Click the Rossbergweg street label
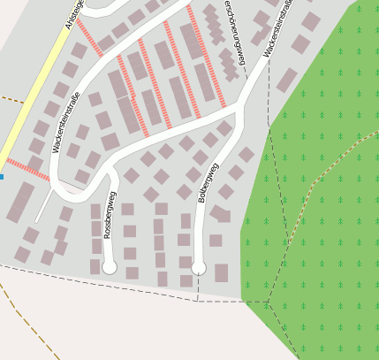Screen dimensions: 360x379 point(110,213)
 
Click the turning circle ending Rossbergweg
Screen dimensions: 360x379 point(110,266)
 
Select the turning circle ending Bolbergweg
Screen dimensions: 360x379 point(199,267)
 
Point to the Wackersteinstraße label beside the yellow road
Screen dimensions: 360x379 point(65,123)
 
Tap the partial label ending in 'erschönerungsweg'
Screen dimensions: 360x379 point(233,27)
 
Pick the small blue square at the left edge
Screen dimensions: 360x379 point(2,177)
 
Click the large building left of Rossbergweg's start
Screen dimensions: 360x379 point(20,202)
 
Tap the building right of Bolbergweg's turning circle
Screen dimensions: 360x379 point(221,272)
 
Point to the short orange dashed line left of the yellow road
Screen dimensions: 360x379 point(11,98)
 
